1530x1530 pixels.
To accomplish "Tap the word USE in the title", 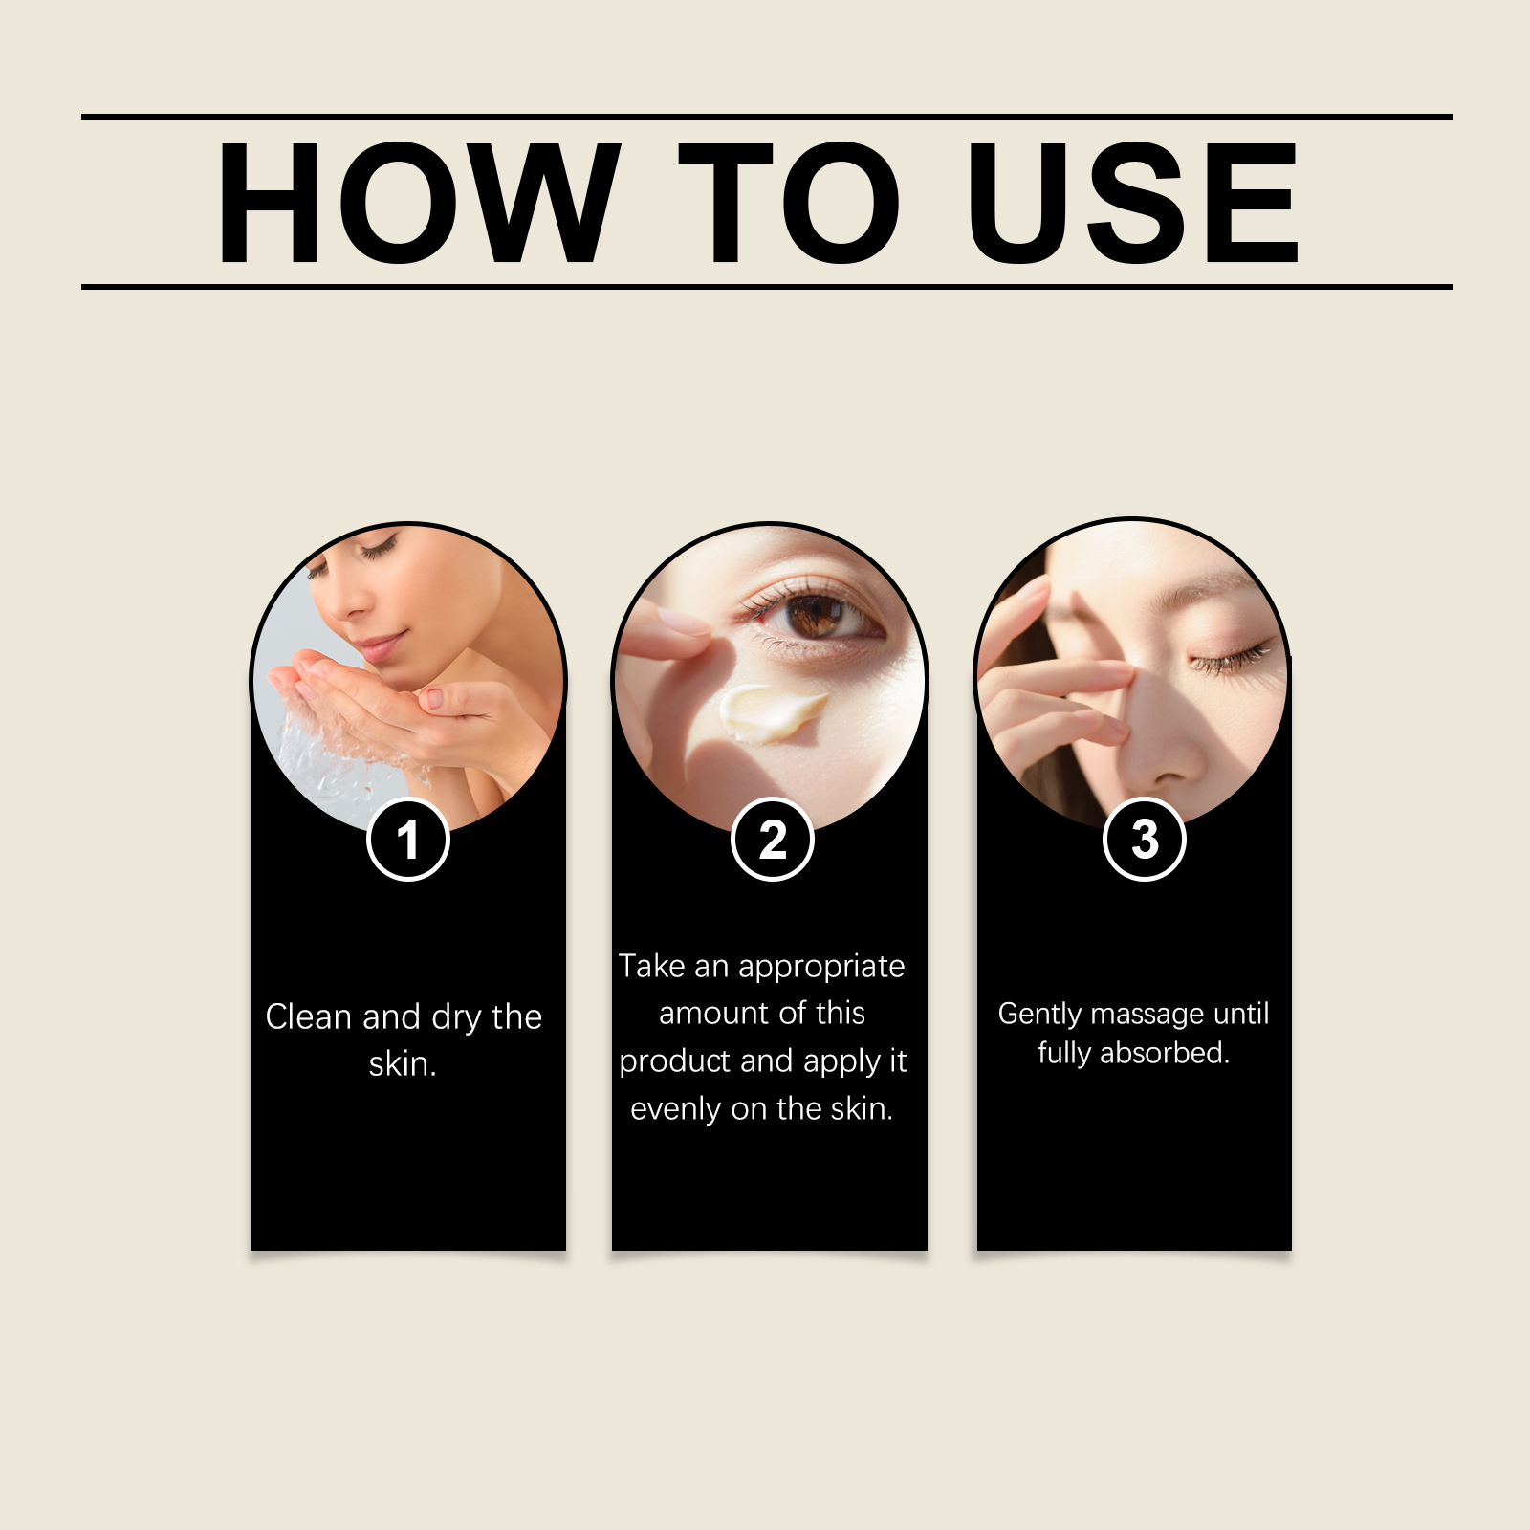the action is click(x=1134, y=202).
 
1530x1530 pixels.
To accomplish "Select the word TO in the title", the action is click(x=790, y=202).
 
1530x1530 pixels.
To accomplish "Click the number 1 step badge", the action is click(x=408, y=840).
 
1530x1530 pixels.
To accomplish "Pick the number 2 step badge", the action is click(x=773, y=840).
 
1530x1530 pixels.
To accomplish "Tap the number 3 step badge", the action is click(x=1145, y=840).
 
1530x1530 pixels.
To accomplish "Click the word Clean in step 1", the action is click(x=309, y=1016).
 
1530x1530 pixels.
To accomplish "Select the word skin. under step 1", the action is click(x=403, y=1064).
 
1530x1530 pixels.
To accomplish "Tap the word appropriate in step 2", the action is click(x=821, y=968).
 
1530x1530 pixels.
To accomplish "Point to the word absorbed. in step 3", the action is click(x=1165, y=1053).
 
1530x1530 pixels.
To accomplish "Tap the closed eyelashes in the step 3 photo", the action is click(x=1231, y=660).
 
